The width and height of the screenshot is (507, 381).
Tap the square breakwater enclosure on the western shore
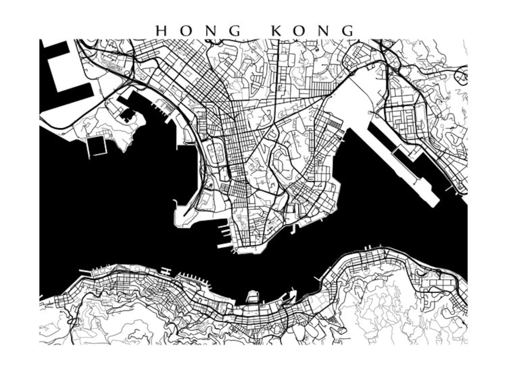tap(97, 146)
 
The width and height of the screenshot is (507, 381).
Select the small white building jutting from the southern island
tap(253, 296)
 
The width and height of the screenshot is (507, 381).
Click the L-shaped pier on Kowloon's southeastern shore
tap(294, 228)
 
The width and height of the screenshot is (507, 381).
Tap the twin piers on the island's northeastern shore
tap(369, 247)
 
